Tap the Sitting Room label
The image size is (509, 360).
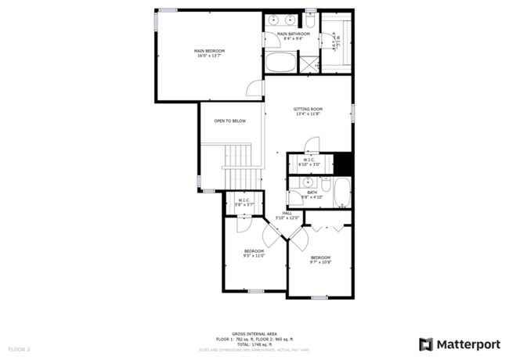click(309, 111)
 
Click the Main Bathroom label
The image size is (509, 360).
click(289, 36)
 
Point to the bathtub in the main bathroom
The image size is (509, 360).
click(279, 63)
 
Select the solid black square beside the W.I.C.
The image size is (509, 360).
click(342, 164)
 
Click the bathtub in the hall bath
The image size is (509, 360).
click(344, 193)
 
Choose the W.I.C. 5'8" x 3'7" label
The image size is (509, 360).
click(244, 202)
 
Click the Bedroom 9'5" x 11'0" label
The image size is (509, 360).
click(254, 253)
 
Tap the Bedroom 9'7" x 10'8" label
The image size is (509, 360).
click(321, 260)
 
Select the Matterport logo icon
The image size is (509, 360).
click(426, 344)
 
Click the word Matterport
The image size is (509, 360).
click(468, 344)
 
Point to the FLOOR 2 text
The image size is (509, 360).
click(19, 348)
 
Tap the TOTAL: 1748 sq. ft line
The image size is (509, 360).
click(254, 344)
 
